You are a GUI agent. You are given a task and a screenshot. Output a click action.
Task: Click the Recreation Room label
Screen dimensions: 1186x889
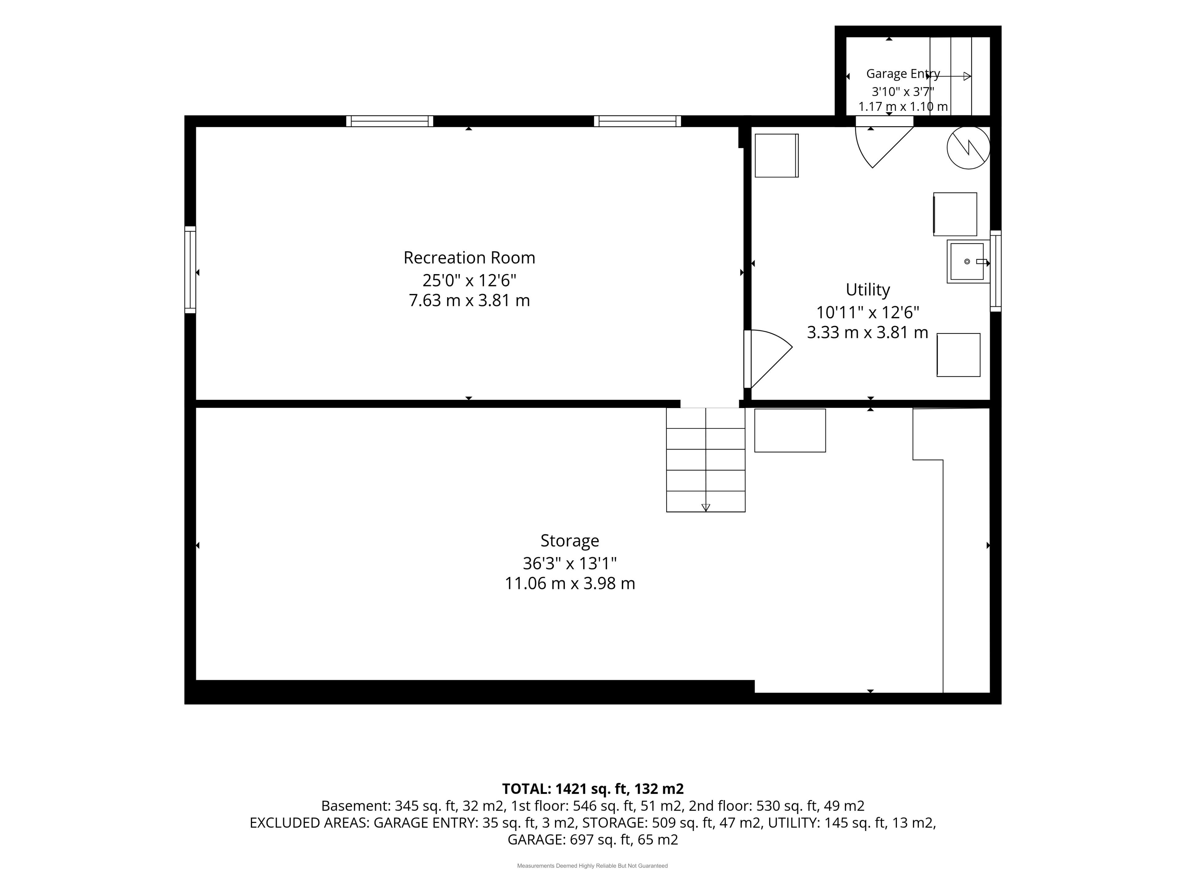469,258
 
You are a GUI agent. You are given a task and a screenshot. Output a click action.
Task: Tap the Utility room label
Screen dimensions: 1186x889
868,290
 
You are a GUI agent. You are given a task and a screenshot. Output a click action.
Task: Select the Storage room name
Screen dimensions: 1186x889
570,541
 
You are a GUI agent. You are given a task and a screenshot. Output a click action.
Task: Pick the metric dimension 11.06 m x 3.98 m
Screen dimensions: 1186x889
570,583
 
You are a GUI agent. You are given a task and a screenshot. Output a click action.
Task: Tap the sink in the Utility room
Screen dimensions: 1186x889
968,261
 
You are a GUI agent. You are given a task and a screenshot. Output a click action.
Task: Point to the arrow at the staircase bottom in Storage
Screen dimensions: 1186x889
706,507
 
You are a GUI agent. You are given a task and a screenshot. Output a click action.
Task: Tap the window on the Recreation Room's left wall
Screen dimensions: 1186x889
190,269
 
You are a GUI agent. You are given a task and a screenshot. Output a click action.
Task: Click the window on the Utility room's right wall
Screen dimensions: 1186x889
996,271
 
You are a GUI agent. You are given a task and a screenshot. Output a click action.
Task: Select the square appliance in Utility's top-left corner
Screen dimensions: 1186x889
776,155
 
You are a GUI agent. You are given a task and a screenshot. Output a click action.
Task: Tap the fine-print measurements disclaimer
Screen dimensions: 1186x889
592,866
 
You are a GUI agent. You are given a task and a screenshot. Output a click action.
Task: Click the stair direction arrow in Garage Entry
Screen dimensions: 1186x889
949,76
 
